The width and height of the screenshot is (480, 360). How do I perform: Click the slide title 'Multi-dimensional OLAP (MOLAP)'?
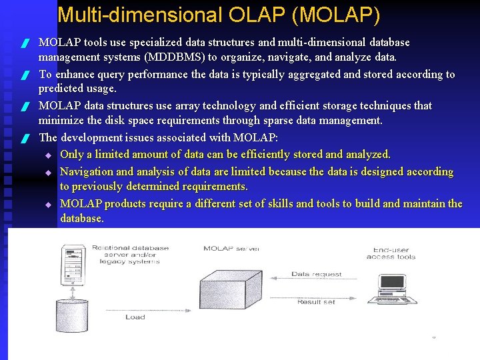tap(219, 15)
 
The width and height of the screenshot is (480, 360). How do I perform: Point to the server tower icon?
tap(73, 260)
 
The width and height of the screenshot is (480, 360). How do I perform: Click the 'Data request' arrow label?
tap(317, 274)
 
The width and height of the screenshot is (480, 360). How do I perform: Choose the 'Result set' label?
tap(317, 302)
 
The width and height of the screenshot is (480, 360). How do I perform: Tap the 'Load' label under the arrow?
tap(135, 317)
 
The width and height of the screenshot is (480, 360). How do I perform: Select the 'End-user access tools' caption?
tap(391, 253)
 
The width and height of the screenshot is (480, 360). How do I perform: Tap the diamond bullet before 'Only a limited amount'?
tap(48, 155)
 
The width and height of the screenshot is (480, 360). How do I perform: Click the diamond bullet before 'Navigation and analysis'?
tap(48, 172)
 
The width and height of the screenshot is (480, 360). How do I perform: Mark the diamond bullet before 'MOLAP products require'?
tap(48, 204)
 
